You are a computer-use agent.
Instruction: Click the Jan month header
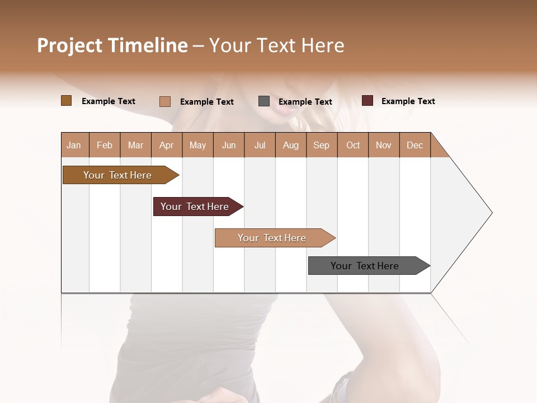tap(74, 145)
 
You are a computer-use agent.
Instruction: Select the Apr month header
tap(167, 145)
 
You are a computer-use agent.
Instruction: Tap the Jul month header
tap(260, 145)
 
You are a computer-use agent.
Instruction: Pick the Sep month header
tap(321, 145)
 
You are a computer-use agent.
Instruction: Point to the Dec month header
tap(414, 145)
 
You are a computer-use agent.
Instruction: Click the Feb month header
tap(105, 145)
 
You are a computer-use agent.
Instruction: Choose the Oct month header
tap(353, 145)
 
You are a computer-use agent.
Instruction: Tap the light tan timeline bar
tap(272, 238)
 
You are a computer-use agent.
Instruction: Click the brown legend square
tap(66, 101)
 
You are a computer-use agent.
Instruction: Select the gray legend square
tap(264, 101)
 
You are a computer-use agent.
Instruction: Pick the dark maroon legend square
tap(368, 101)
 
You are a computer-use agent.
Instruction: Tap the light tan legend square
tap(165, 101)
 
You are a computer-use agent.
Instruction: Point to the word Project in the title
tap(69, 45)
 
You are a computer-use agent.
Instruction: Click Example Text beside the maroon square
tap(408, 101)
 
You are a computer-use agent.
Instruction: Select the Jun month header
tap(229, 145)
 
